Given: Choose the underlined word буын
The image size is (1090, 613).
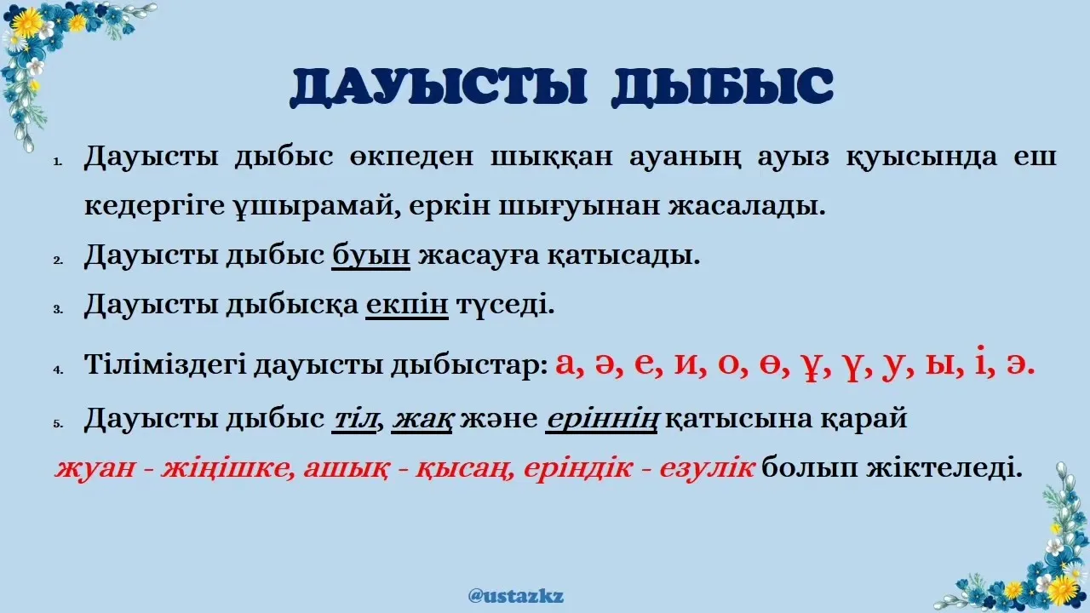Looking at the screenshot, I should [x=371, y=255].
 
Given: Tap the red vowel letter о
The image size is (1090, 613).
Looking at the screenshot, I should [x=729, y=364].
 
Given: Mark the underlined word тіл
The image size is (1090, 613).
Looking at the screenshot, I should [x=353, y=420].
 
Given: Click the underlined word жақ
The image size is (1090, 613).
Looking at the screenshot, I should [x=422, y=420].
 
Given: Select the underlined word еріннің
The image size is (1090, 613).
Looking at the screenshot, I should [x=601, y=420].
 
